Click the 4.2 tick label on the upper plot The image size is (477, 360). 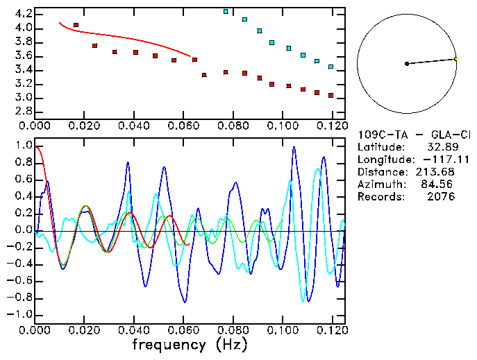point(21,14)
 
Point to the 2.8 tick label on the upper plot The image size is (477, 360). point(21,111)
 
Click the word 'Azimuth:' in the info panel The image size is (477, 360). point(380,184)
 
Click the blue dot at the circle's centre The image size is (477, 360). point(407,64)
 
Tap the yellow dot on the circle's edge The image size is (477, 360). point(455,59)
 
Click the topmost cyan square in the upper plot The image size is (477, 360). point(226,12)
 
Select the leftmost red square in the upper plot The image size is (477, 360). point(76,25)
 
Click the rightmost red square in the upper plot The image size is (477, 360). point(330,95)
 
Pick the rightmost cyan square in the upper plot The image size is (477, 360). point(330,67)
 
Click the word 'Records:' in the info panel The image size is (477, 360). point(380,196)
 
